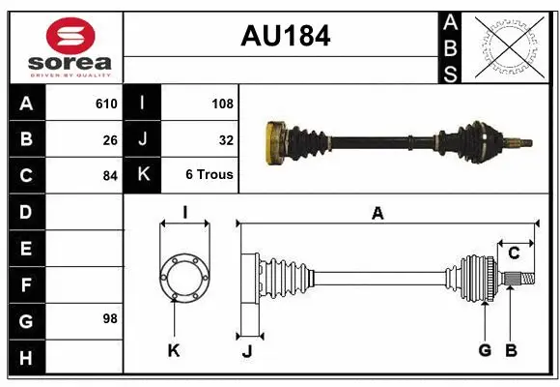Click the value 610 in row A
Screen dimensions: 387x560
click(x=106, y=104)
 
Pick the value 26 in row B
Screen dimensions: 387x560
click(x=110, y=139)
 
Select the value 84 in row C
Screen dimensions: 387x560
click(x=110, y=175)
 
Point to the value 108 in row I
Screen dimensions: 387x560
click(x=222, y=104)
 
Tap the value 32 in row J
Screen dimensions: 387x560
click(x=226, y=139)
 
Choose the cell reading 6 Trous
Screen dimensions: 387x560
click(x=210, y=175)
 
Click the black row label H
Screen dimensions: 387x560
click(x=25, y=359)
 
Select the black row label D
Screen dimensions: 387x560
click(x=25, y=211)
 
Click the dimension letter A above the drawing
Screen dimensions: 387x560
click(x=378, y=214)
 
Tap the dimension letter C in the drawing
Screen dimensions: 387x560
click(x=514, y=253)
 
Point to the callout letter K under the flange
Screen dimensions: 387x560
click(x=174, y=350)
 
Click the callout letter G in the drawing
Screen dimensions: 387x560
click(x=485, y=350)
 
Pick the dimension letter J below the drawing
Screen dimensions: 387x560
click(x=246, y=351)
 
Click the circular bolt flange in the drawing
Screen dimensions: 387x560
click(x=183, y=277)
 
